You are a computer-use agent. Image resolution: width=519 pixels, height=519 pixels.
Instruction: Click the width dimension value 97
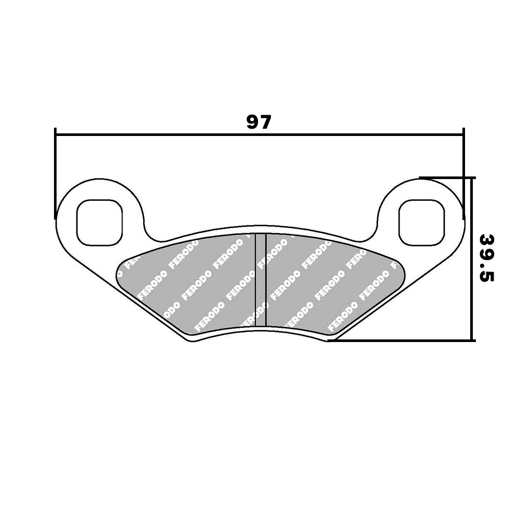(x=258, y=122)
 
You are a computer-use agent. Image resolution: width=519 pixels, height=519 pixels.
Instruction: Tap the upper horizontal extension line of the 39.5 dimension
(x=446, y=177)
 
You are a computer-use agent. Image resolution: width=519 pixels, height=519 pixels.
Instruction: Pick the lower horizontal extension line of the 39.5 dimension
(x=405, y=341)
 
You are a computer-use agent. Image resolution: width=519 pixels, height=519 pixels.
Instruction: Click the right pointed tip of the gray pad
(x=405, y=271)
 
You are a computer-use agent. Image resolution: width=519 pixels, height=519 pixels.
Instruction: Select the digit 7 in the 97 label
(x=265, y=122)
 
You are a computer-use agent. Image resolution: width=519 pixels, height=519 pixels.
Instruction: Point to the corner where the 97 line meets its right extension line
(x=463, y=135)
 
